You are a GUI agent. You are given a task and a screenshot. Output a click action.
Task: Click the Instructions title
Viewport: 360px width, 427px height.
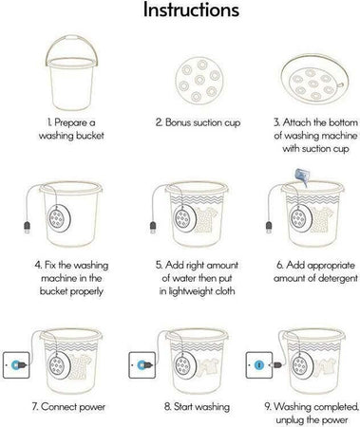pyautogui.click(x=191, y=9)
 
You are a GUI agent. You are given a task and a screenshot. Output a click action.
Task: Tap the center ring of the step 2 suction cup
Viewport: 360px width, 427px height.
pyautogui.click(x=199, y=80)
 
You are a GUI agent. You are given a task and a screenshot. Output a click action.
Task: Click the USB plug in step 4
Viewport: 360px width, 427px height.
pyautogui.click(x=28, y=228)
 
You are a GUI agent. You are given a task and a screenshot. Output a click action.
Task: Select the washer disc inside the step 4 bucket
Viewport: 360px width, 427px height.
pyautogui.click(x=59, y=218)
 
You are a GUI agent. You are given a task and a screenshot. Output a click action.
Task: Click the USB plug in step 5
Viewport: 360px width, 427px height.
pyautogui.click(x=153, y=228)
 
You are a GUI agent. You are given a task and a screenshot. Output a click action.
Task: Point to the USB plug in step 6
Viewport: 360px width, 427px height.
pyautogui.click(x=269, y=228)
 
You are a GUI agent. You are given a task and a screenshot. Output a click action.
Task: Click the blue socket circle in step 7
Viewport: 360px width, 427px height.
pyautogui.click(x=15, y=365)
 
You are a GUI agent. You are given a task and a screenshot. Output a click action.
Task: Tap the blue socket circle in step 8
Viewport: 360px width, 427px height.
pyautogui.click(x=141, y=365)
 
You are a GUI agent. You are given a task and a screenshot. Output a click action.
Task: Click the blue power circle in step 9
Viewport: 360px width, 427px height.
pyautogui.click(x=258, y=365)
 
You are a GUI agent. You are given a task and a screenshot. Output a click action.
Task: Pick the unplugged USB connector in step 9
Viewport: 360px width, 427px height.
pyautogui.click(x=275, y=365)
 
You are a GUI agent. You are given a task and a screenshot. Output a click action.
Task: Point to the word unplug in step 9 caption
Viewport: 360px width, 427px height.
pyautogui.click(x=290, y=420)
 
